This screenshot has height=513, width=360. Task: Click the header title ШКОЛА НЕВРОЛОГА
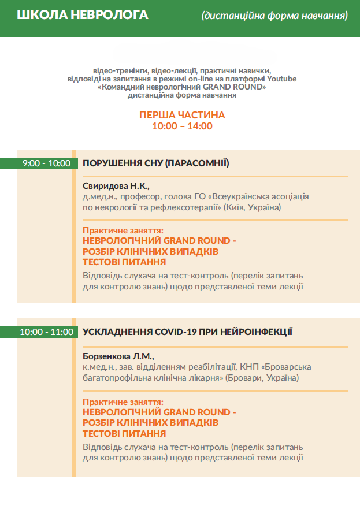83,15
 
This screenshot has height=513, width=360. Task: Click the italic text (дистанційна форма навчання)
274,16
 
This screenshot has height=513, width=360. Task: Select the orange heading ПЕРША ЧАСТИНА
182,115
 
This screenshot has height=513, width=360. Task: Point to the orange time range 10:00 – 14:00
182,126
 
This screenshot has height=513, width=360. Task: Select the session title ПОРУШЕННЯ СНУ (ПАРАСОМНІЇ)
156,163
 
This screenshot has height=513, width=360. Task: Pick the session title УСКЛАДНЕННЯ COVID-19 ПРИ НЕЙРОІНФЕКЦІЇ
188,332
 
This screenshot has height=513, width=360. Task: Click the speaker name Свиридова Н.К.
116,186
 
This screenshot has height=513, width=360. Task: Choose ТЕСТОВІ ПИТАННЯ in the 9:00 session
120,262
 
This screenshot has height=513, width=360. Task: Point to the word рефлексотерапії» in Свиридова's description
188,207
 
